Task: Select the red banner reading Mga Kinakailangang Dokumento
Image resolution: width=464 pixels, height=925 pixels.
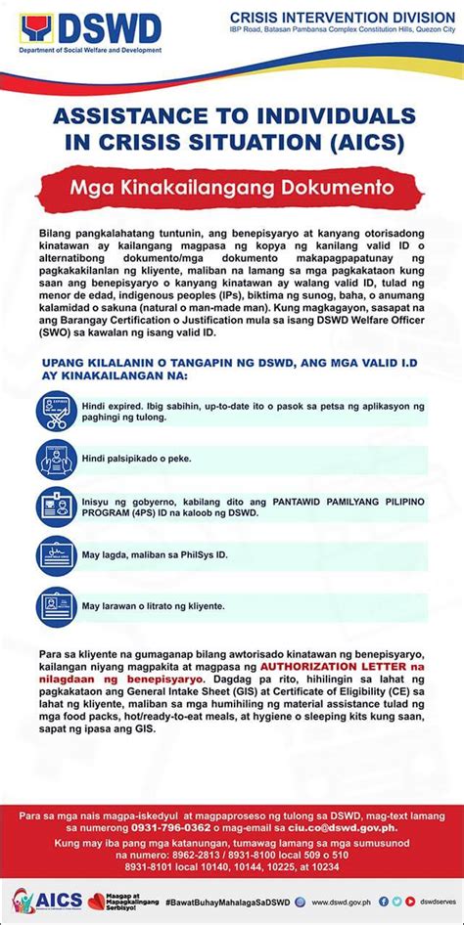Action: pyautogui.click(x=231, y=185)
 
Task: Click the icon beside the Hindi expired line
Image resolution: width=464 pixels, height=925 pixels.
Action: pyautogui.click(x=56, y=411)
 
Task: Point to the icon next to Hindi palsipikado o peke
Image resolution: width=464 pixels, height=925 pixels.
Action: pyautogui.click(x=56, y=458)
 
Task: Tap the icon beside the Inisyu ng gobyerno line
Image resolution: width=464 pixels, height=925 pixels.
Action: pyautogui.click(x=56, y=507)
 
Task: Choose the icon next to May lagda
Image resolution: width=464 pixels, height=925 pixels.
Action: pyautogui.click(x=56, y=555)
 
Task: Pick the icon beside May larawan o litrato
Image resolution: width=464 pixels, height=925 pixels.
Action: pyautogui.click(x=56, y=605)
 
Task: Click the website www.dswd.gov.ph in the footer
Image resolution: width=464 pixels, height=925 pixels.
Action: pyautogui.click(x=342, y=902)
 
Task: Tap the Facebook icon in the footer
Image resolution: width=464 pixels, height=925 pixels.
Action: pyautogui.click(x=384, y=902)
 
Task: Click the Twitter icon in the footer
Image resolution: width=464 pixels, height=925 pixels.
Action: pyautogui.click(x=396, y=902)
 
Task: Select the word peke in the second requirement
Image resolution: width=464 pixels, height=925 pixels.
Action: pyautogui.click(x=178, y=458)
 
